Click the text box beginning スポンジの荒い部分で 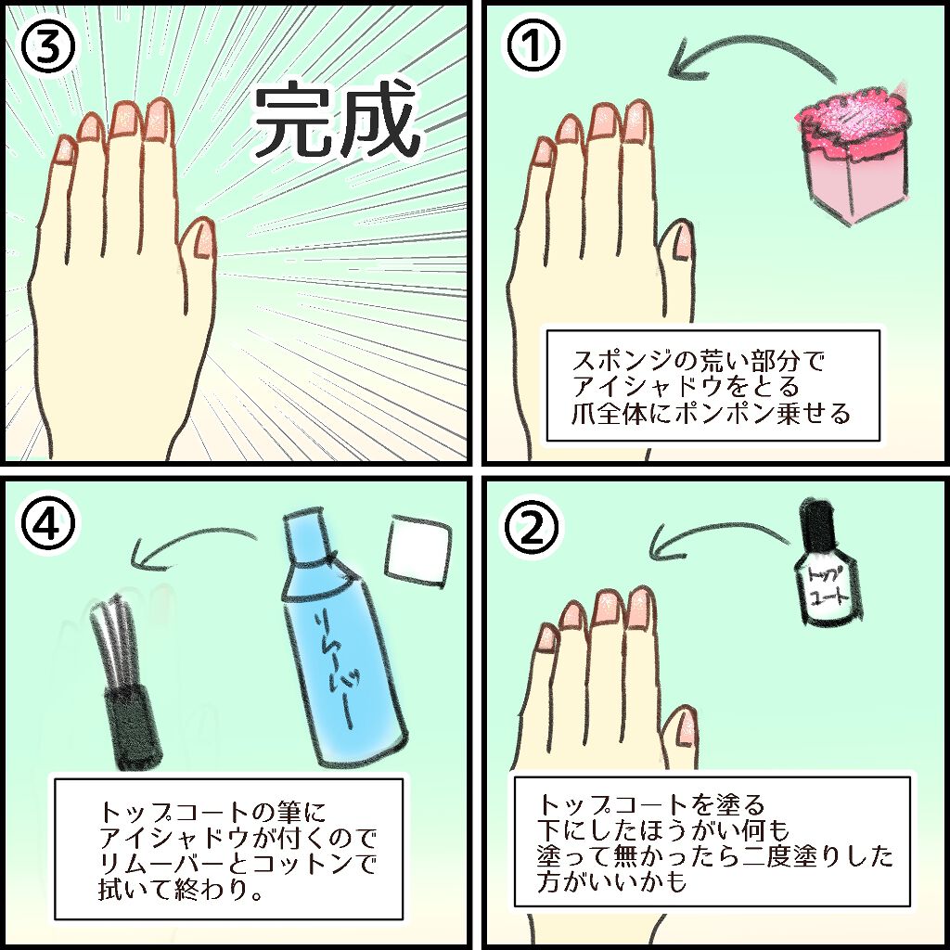[711, 385]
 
